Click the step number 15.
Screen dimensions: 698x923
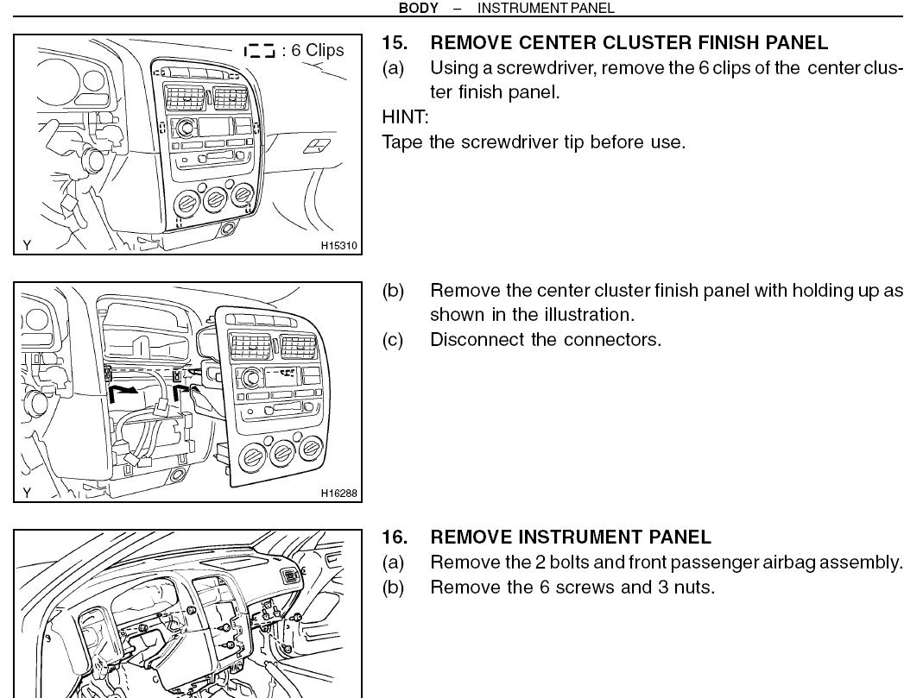395,42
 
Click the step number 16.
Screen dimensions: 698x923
395,538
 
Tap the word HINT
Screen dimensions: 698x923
404,116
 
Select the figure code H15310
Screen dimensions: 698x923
338,246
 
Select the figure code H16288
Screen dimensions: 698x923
338,494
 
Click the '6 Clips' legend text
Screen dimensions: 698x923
317,50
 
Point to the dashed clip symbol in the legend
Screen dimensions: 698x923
259,51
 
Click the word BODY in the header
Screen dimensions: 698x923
418,8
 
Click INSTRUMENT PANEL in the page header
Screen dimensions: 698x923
546,8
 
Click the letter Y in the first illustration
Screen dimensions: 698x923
27,245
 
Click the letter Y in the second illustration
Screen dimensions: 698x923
27,493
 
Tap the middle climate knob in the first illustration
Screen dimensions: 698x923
213,200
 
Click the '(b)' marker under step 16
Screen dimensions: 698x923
393,588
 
